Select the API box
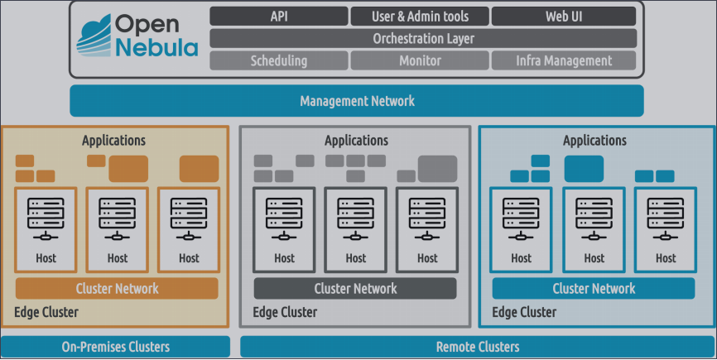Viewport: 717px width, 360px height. [278, 17]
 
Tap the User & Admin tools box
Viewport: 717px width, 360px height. [420, 17]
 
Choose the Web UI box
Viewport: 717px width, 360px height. [564, 17]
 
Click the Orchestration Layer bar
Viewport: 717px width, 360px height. [423, 38]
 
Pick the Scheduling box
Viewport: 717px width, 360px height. [278, 60]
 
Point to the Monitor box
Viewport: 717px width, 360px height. [420, 60]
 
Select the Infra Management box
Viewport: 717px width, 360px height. [564, 60]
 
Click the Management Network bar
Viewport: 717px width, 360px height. [357, 101]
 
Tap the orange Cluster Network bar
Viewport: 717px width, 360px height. [117, 288]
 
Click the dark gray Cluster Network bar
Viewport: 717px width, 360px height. [355, 288]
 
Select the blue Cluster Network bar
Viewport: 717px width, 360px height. [594, 288]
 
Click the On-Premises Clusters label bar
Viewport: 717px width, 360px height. [115, 347]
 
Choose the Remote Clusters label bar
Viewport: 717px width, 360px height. [478, 347]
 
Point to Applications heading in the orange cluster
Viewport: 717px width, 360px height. [113, 141]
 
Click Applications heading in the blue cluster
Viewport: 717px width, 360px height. [594, 141]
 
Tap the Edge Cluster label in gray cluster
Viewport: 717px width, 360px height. [285, 313]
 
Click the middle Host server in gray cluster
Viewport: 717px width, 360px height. [356, 228]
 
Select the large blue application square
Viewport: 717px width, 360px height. [584, 168]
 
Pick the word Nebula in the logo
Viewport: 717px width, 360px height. [156, 48]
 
